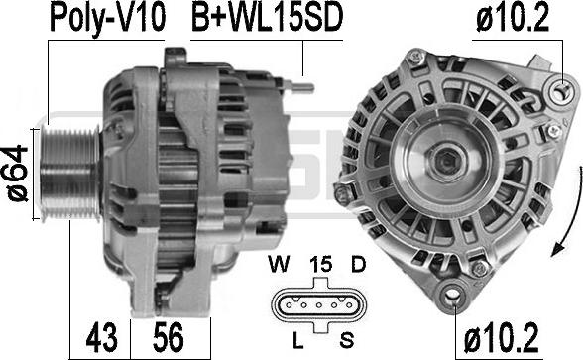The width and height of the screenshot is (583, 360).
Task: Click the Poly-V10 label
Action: coord(107,19)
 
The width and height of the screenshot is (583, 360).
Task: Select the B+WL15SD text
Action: coord(267,18)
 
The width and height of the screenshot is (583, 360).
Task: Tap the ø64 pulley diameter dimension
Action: coord(18,174)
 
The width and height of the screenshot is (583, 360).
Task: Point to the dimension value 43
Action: coord(101,337)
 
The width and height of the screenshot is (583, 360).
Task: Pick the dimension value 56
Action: coord(169,337)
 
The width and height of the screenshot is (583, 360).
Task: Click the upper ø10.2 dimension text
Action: coord(513,18)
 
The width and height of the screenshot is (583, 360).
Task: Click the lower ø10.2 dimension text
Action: coord(501,337)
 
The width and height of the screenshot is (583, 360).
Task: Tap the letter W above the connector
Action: coord(279,265)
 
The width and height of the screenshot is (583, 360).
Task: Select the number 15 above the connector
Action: coord(321,265)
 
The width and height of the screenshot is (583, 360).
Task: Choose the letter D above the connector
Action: coord(359,265)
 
